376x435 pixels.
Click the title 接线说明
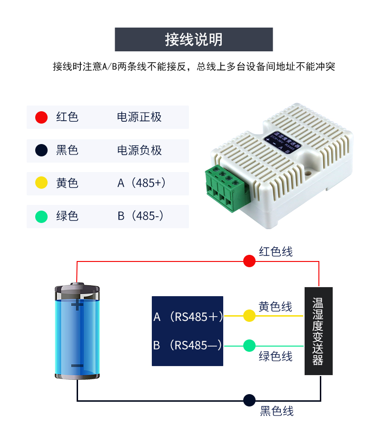[x=194, y=39]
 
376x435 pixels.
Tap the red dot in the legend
[x=42, y=117]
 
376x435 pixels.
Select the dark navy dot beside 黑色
[x=42, y=150]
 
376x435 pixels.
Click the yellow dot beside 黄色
[x=42, y=183]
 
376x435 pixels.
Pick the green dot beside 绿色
[x=42, y=216]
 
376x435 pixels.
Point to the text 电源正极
[x=139, y=117]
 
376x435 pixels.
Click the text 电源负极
[x=139, y=150]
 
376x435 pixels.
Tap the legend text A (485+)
[x=141, y=183]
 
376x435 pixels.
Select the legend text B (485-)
[x=140, y=216]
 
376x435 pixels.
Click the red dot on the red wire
[x=249, y=261]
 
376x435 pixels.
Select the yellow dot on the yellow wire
[x=249, y=316]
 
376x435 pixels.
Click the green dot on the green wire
[x=249, y=346]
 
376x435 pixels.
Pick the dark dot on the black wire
[x=249, y=400]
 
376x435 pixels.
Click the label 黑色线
[x=277, y=411]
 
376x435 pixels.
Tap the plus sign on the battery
[x=77, y=305]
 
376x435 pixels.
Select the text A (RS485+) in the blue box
[x=188, y=317]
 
